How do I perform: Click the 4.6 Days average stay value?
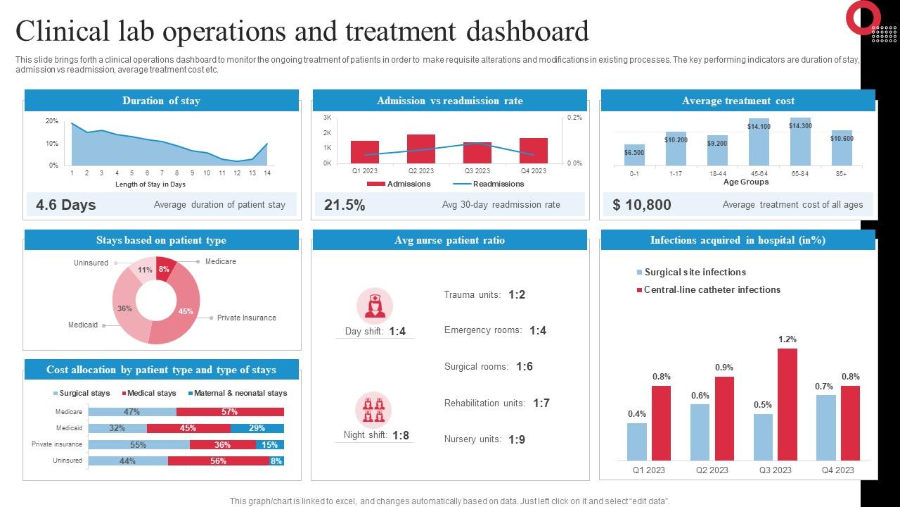click(65, 205)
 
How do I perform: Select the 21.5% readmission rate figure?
click(345, 205)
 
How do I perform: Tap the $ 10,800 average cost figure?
click(641, 205)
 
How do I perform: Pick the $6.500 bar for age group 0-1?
click(634, 155)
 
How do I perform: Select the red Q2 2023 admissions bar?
click(421, 149)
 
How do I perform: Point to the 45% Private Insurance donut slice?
click(184, 311)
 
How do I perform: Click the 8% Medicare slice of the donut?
click(165, 270)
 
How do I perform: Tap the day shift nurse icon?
click(375, 306)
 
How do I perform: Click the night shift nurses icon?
click(375, 410)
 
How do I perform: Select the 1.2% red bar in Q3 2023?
click(787, 404)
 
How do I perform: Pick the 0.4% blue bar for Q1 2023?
click(637, 441)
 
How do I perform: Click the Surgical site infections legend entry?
click(690, 273)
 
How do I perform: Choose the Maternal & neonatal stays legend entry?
click(238, 393)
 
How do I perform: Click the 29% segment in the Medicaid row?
click(257, 428)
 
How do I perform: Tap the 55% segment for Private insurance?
click(139, 444)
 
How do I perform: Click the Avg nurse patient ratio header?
click(449, 240)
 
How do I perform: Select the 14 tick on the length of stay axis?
click(267, 173)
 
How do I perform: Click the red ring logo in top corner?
click(863, 18)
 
